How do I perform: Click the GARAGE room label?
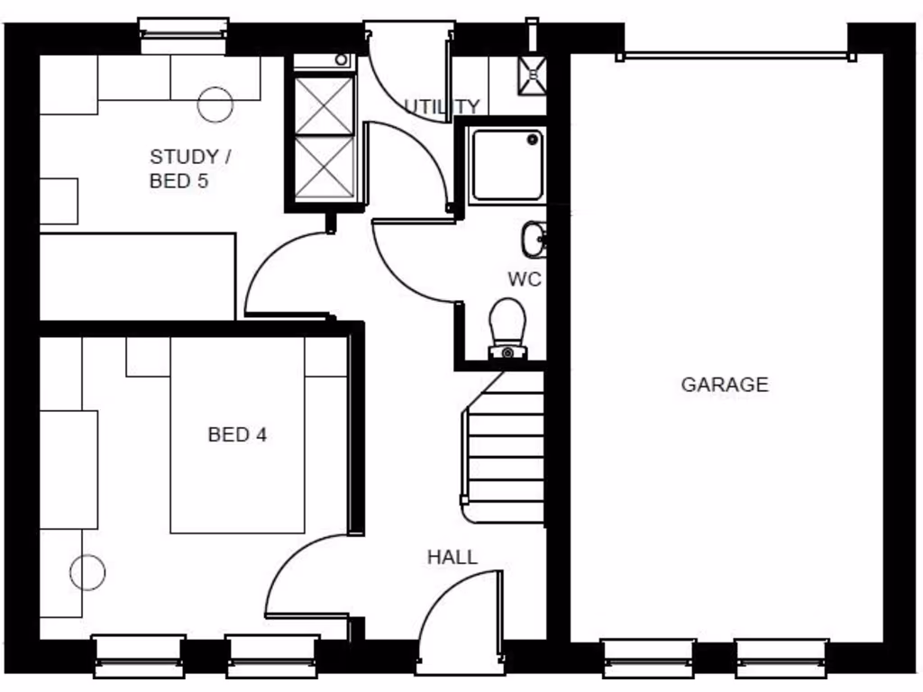(x=724, y=385)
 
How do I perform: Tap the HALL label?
(x=452, y=557)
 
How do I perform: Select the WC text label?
(x=524, y=279)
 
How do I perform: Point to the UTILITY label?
(x=442, y=107)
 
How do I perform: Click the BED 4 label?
(x=237, y=435)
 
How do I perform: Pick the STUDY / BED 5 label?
(x=189, y=168)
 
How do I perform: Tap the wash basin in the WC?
(x=532, y=239)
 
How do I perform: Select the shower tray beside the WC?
(x=507, y=165)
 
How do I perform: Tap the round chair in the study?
(x=215, y=104)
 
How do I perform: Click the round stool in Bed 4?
(x=87, y=572)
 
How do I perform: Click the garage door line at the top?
(x=736, y=55)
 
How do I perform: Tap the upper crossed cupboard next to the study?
(x=324, y=106)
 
